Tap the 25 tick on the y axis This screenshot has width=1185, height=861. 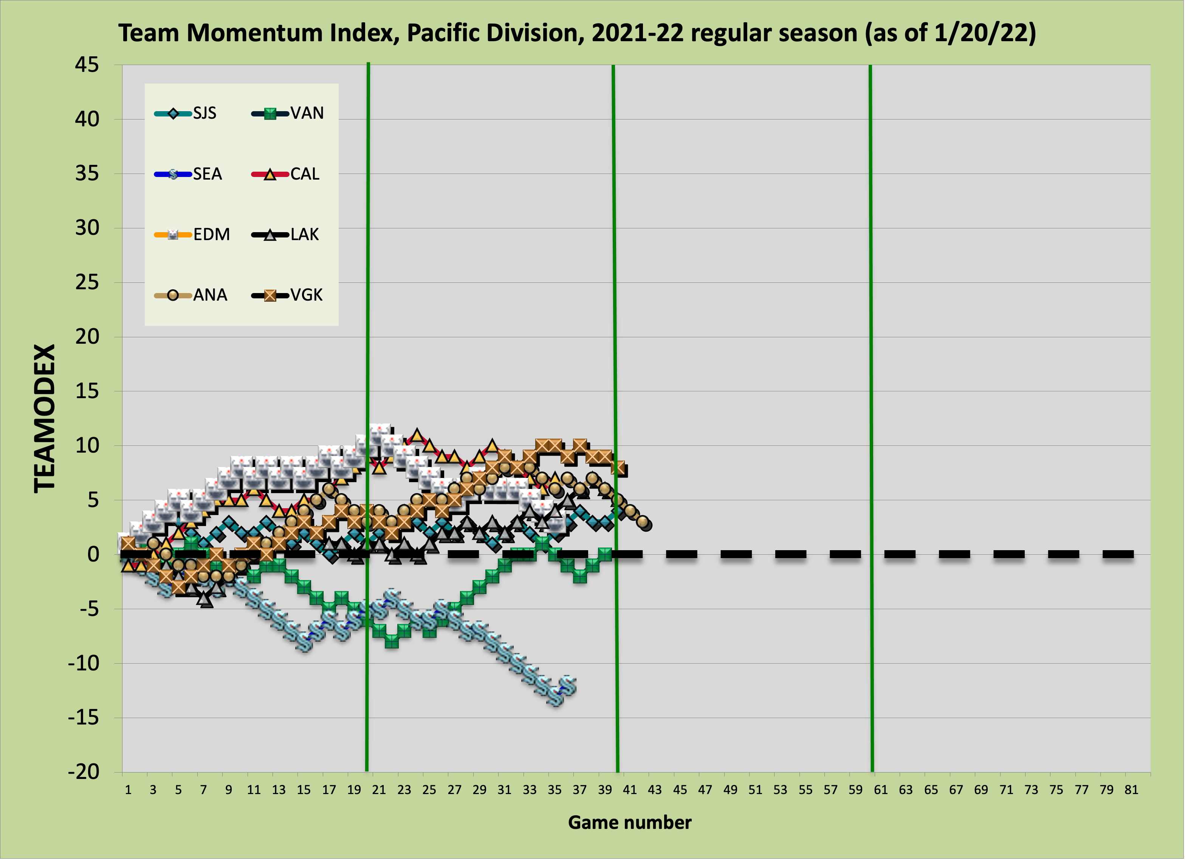[x=87, y=283]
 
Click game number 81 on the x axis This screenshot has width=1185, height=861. [x=1131, y=790]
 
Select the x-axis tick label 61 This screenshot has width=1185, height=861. [x=880, y=790]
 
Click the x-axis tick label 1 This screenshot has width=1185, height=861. [x=128, y=790]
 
